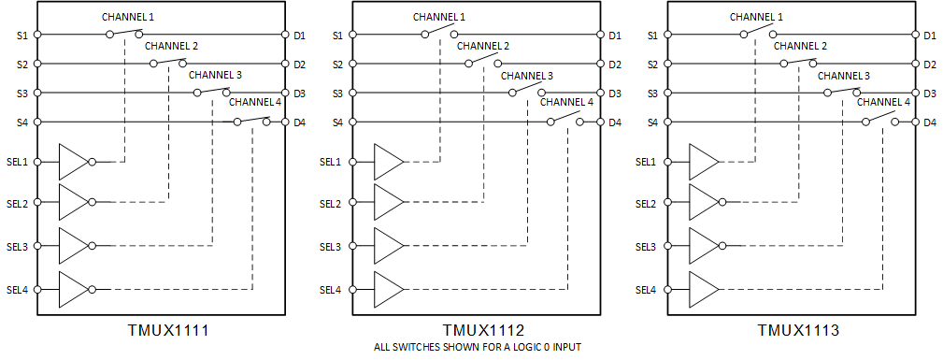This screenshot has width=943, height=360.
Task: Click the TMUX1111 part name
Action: pos(167,331)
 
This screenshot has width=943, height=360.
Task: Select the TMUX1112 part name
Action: pos(482,331)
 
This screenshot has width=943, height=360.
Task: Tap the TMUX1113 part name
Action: pos(797,331)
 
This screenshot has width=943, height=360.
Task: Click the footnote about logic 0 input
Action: pos(477,348)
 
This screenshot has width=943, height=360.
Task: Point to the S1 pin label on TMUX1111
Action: pos(22,36)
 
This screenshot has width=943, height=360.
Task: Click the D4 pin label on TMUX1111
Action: pos(299,122)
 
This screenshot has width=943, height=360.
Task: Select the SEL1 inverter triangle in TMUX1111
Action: pos(72,162)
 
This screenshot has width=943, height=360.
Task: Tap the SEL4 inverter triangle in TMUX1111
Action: pos(72,289)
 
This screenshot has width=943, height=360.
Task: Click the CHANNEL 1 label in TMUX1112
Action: pos(438,16)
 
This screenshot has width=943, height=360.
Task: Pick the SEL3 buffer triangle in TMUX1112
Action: pos(387,246)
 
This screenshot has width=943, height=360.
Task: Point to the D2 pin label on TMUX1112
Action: pos(614,65)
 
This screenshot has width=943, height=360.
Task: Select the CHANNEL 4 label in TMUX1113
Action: pos(883,102)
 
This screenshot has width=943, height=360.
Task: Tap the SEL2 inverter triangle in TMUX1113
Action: pos(702,203)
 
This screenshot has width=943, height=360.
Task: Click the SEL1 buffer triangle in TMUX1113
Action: pos(702,162)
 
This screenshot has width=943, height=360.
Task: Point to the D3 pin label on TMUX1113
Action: pos(929,94)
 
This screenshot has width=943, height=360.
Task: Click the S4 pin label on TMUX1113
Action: pos(652,122)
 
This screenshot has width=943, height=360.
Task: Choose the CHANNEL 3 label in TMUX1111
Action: pos(215,74)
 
